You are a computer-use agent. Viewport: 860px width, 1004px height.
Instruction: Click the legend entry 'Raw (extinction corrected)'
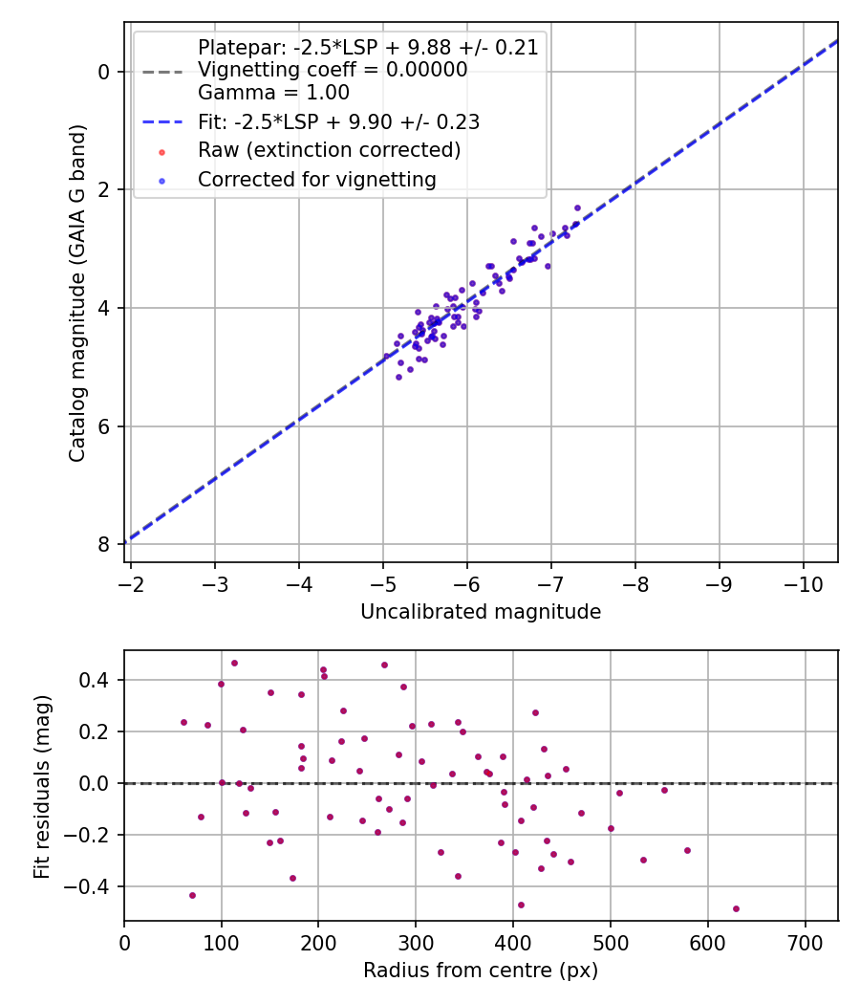pos(329,150)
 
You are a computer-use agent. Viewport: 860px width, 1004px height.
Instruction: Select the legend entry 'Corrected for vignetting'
pos(316,179)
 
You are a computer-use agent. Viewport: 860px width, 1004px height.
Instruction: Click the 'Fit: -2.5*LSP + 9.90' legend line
pos(338,121)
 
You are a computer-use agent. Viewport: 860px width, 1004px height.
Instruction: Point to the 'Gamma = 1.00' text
pos(273,93)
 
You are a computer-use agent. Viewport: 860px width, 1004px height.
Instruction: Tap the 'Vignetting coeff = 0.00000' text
pos(333,70)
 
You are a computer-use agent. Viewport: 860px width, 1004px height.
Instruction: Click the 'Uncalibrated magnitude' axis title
pos(481,612)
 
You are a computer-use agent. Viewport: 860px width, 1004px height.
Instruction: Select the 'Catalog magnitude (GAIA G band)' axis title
pos(78,293)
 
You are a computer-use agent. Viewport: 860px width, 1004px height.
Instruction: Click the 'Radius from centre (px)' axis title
pos(481,971)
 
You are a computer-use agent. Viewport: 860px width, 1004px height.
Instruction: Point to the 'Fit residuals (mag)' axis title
pos(41,785)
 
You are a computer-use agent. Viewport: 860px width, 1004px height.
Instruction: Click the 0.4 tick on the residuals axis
pos(98,680)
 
